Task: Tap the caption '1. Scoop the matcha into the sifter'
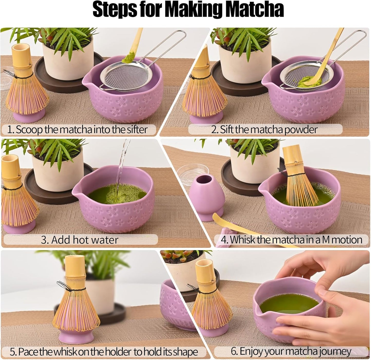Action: (x=77, y=129)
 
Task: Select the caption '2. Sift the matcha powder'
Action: (x=264, y=129)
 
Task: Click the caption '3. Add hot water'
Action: (x=79, y=240)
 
